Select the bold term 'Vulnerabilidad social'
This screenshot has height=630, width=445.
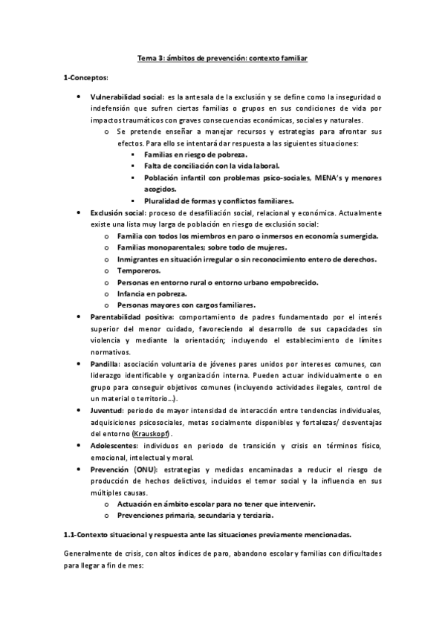tap(127, 97)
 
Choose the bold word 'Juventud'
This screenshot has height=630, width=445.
tap(107, 411)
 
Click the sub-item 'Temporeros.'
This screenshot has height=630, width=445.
tap(138, 271)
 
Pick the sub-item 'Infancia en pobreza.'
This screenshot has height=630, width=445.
tap(153, 294)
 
